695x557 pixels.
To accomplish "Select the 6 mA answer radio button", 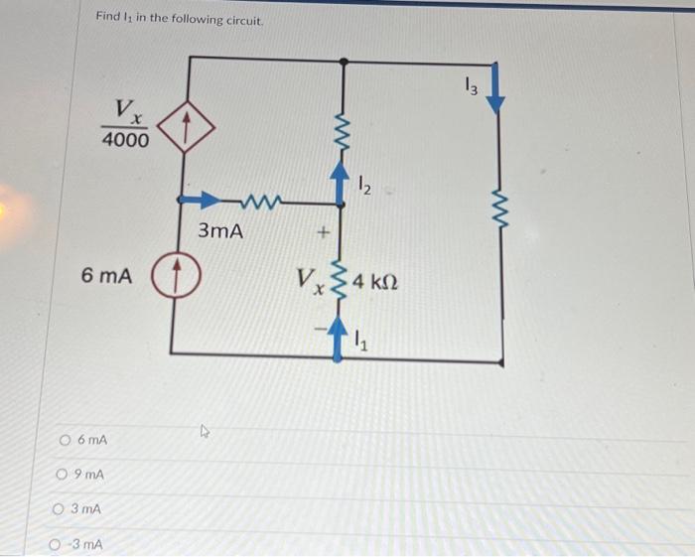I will [65, 439].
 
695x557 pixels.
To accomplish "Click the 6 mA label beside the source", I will [106, 275].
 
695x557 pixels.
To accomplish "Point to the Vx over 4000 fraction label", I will [126, 124].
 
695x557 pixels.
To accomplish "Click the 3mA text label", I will [220, 231].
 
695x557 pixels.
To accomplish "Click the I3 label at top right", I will [472, 86].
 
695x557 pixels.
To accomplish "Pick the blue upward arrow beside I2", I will [345, 184].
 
